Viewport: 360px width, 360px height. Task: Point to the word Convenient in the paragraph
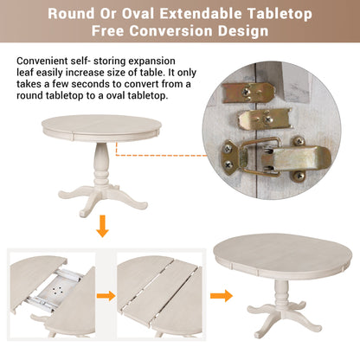45,61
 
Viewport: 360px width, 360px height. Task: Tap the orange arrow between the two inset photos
106,294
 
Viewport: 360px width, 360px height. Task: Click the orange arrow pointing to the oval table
222,294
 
